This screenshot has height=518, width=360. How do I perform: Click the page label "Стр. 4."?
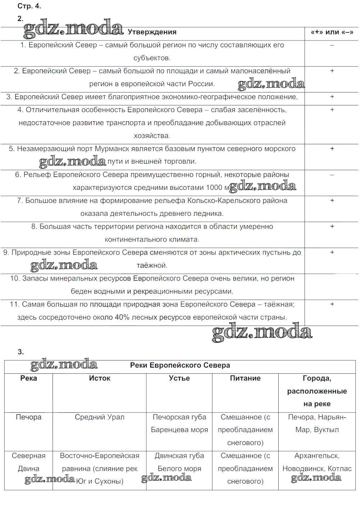[x=29, y=6]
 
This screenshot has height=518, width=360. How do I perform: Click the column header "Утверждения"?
[x=152, y=32]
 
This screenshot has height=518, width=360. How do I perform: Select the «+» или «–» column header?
[x=332, y=32]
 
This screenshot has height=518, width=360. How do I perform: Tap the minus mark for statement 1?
[x=332, y=45]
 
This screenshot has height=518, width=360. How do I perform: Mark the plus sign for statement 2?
[x=332, y=71]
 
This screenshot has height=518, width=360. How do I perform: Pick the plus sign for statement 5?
[x=332, y=149]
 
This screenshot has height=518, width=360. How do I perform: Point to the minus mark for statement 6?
[x=332, y=175]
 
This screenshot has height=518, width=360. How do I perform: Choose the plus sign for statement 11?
[x=332, y=304]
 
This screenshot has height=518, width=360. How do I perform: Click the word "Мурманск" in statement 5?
[x=110, y=149]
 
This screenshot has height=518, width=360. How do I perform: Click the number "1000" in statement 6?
[x=214, y=188]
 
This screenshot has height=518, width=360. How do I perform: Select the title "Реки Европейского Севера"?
[x=180, y=365]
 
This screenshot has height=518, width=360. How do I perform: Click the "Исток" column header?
[x=100, y=378]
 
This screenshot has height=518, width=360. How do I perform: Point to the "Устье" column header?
[x=179, y=378]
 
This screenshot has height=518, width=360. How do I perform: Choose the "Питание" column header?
[x=245, y=378]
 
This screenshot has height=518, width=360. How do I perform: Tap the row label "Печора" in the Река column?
[x=28, y=417]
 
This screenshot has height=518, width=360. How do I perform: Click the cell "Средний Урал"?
[x=100, y=417]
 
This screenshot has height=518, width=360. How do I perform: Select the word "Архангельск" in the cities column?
[x=316, y=456]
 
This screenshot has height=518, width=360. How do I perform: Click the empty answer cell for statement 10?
[x=332, y=287]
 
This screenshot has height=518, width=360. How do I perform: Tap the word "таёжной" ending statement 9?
[x=152, y=265]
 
